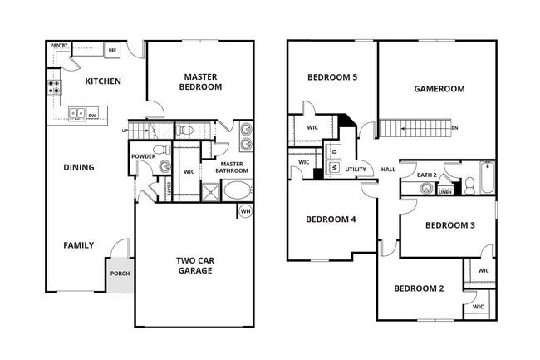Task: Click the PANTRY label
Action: pyautogui.click(x=59, y=45)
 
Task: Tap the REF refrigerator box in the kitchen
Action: pyautogui.click(x=112, y=51)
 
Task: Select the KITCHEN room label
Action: pyautogui.click(x=103, y=81)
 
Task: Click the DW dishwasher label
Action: pyautogui.click(x=92, y=116)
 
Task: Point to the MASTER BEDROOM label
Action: pyautogui.click(x=202, y=81)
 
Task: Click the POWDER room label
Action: pyautogui.click(x=144, y=156)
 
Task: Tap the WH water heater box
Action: pyautogui.click(x=245, y=211)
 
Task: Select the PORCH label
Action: pyautogui.click(x=120, y=274)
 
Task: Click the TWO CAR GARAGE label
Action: pyautogui.click(x=195, y=265)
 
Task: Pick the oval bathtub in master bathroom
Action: pyautogui.click(x=237, y=190)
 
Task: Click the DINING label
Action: pyautogui.click(x=79, y=167)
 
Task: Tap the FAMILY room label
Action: pyautogui.click(x=79, y=245)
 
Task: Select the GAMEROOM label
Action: pyautogui.click(x=439, y=89)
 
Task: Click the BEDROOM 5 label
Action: pyautogui.click(x=331, y=77)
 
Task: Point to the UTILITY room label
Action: pyautogui.click(x=356, y=170)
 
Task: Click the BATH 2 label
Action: pyautogui.click(x=426, y=175)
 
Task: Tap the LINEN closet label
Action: pyautogui.click(x=445, y=192)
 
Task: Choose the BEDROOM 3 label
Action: pyautogui.click(x=449, y=225)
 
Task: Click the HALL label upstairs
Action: pyautogui.click(x=388, y=170)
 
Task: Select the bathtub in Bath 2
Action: pyautogui.click(x=487, y=178)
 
